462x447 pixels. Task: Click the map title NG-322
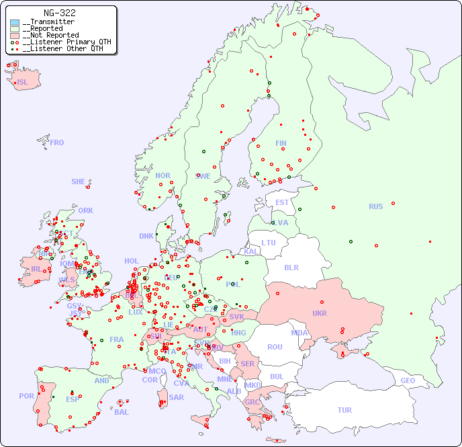tap(59, 13)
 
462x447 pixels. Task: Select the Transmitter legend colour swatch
tap(15, 22)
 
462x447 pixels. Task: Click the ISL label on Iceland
tap(23, 83)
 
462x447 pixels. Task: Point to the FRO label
tap(57, 143)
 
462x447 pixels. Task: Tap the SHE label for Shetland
tap(79, 181)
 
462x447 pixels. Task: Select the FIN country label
tap(281, 143)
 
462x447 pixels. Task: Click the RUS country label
tap(375, 206)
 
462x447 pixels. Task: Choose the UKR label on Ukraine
tap(320, 313)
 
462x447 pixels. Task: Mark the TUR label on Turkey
tap(344, 410)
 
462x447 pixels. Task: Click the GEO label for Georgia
tap(408, 380)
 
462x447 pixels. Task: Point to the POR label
tap(26, 396)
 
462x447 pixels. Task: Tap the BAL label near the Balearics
tap(122, 412)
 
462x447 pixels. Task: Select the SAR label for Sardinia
tap(176, 397)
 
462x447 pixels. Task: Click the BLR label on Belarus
tap(291, 267)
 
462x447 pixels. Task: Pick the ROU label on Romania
tap(275, 347)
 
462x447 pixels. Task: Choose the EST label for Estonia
tap(282, 202)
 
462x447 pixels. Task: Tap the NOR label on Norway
tap(163, 175)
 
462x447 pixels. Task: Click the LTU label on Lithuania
tap(269, 243)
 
